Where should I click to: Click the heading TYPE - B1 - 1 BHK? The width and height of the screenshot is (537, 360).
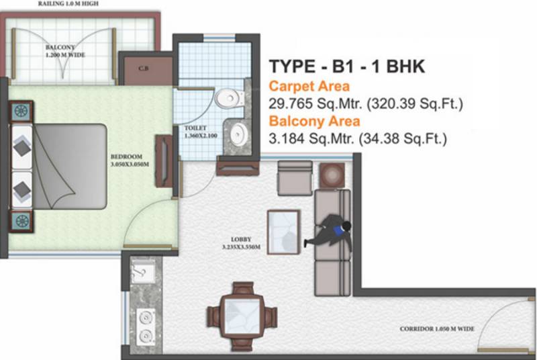pyautogui.click(x=347, y=67)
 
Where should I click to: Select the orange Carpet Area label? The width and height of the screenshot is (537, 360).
pyautogui.click(x=309, y=86)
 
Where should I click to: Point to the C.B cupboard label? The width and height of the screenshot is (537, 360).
pyautogui.click(x=144, y=68)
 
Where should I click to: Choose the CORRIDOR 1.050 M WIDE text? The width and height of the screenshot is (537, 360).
pyautogui.click(x=437, y=329)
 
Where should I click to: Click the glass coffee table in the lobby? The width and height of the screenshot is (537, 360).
pyautogui.click(x=283, y=230)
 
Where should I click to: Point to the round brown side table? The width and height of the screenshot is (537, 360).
pyautogui.click(x=332, y=176)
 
